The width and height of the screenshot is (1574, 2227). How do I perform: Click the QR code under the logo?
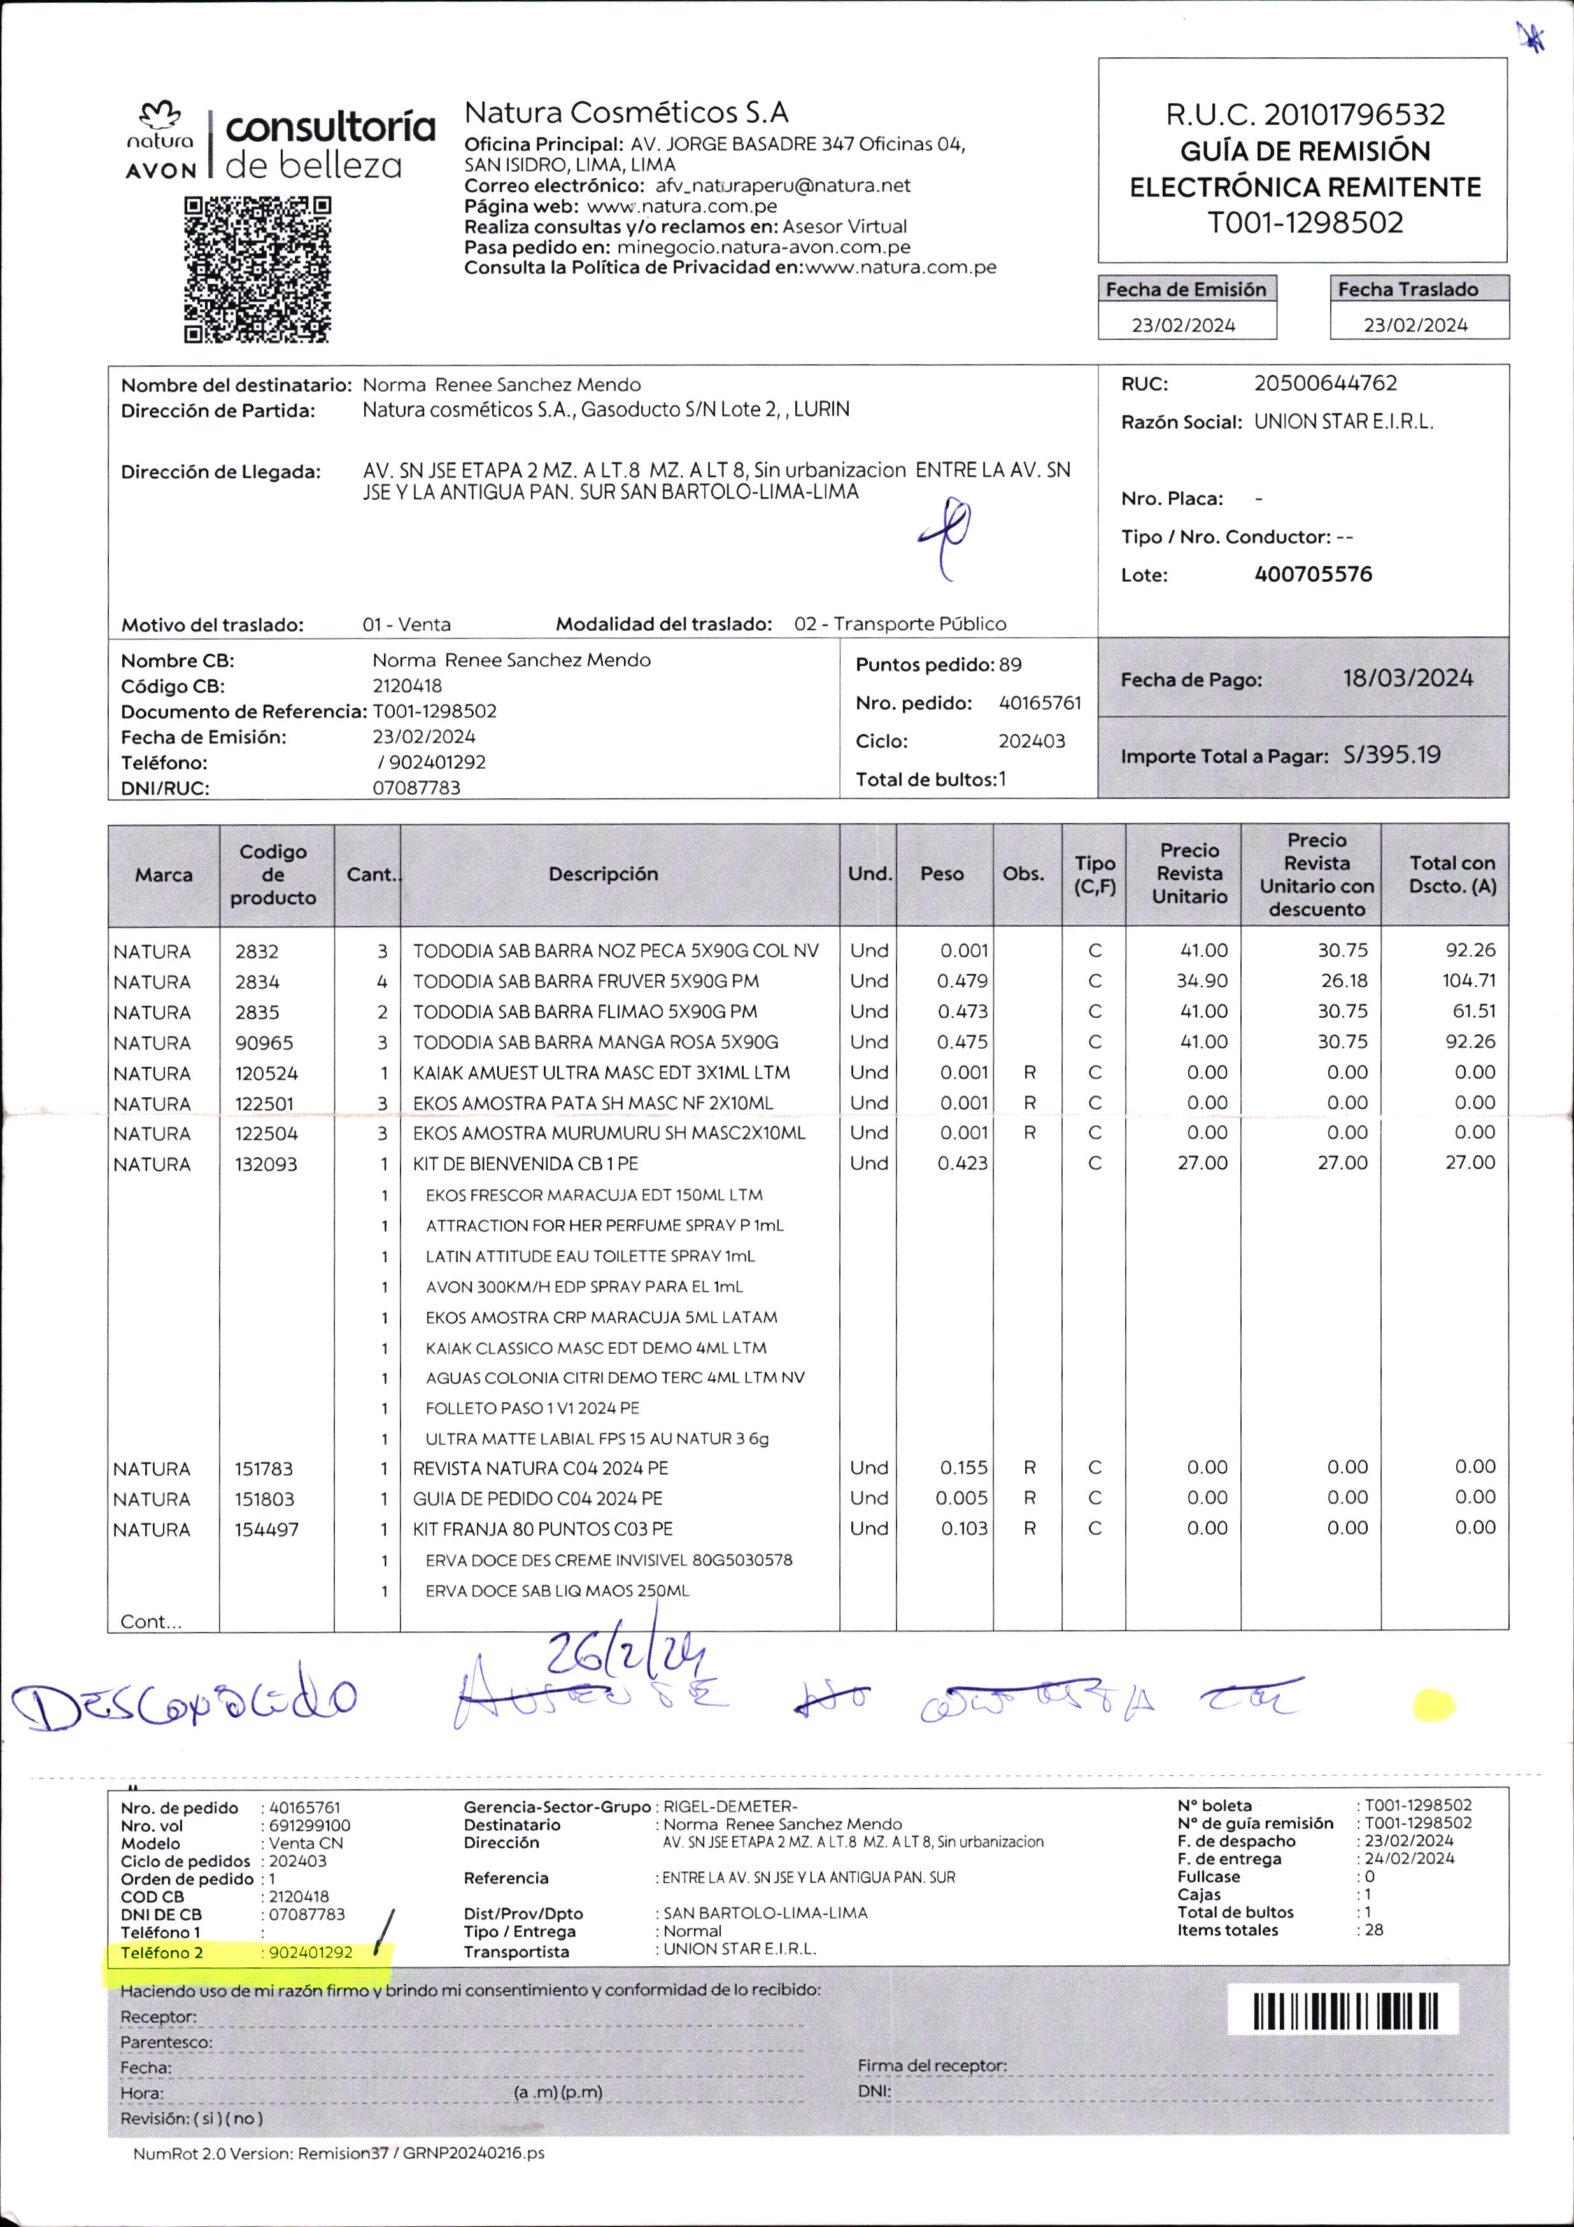257,270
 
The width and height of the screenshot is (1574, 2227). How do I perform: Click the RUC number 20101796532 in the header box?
1353,115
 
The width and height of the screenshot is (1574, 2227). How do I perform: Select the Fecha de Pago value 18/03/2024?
1407,678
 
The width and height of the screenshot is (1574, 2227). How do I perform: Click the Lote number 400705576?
1313,574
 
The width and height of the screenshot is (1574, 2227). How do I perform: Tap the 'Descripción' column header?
602,874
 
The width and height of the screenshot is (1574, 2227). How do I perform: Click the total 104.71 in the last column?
1468,981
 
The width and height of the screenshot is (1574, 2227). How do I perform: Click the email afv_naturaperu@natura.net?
782,185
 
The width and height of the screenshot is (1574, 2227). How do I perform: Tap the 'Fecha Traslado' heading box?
1408,289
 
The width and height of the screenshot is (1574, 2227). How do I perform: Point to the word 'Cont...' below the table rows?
150,1622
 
